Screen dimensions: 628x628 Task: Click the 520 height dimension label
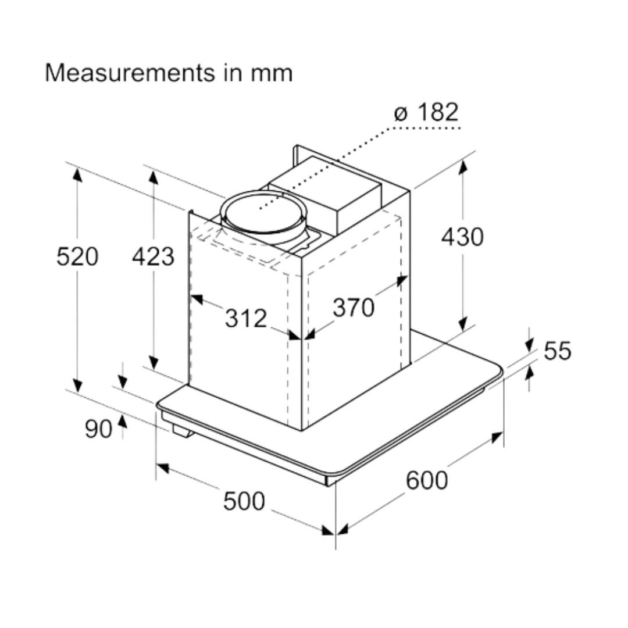[77, 256]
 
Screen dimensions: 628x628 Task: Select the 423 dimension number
[153, 256]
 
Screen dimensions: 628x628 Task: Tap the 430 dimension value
[462, 237]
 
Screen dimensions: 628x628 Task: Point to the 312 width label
[246, 318]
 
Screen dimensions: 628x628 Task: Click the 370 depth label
[354, 308]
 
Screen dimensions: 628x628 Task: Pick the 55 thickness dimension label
[558, 351]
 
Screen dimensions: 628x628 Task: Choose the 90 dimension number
[98, 429]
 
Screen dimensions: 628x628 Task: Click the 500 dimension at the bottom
[244, 501]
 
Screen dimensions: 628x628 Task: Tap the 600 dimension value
[427, 480]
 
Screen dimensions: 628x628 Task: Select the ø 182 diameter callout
[426, 112]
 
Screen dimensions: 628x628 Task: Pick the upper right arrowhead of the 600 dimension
[497, 437]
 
